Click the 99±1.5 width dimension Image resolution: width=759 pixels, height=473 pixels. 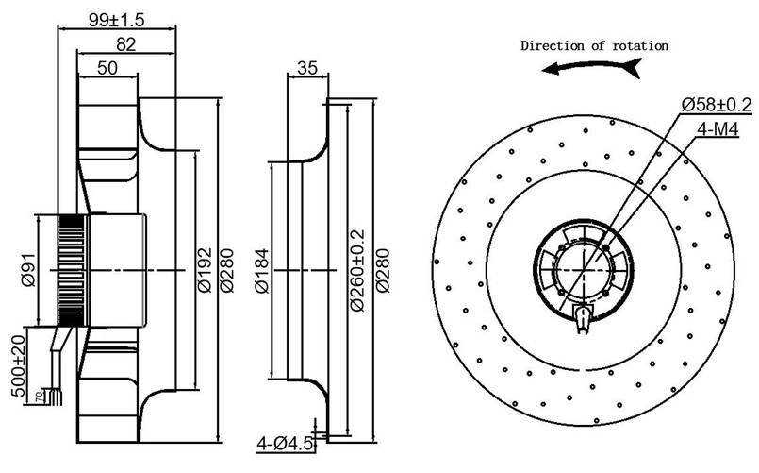116,21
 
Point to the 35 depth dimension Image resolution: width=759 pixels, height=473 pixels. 306,67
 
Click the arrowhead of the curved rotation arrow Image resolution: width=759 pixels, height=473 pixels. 556,69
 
